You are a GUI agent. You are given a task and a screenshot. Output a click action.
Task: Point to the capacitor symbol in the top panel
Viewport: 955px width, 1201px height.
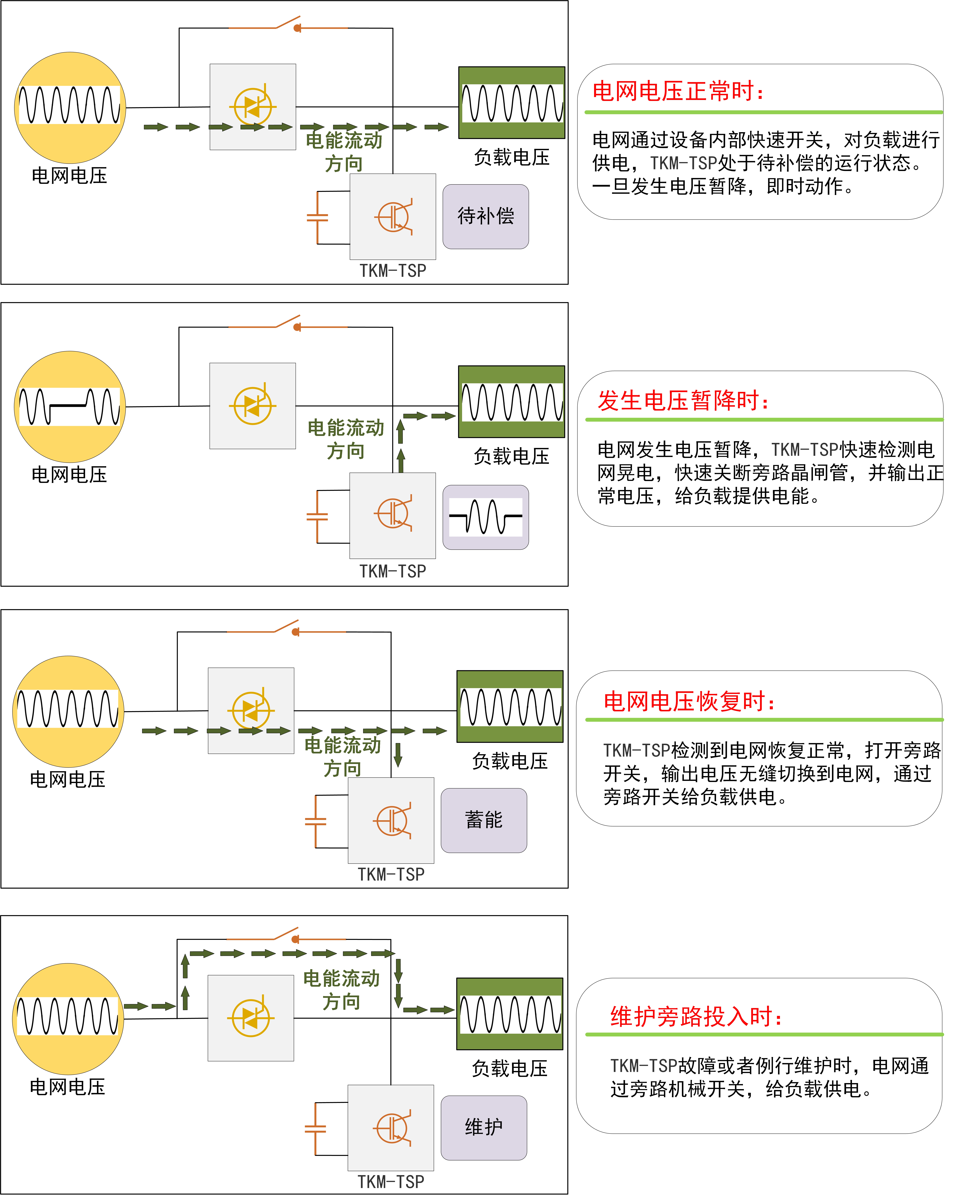[x=317, y=217]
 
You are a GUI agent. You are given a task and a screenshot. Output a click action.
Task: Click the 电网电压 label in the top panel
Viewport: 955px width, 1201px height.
[x=69, y=175]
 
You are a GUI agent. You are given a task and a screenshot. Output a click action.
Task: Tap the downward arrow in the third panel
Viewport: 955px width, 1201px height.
[x=398, y=754]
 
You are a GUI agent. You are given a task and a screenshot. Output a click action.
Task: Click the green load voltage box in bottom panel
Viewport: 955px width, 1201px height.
[x=509, y=1014]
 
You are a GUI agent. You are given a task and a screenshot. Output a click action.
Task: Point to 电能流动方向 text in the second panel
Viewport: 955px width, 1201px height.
[x=345, y=439]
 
